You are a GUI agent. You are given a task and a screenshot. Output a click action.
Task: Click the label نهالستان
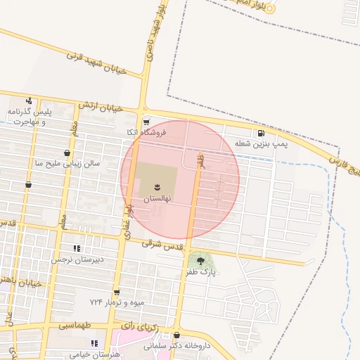coord(158,200)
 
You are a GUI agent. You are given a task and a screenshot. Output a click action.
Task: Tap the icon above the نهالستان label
coord(158,187)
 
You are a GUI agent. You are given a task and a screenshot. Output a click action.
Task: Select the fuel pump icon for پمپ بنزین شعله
coord(262,133)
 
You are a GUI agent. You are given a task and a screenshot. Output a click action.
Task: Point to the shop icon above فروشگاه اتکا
coord(146,121)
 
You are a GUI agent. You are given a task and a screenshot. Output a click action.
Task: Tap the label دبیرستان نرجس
coord(77,259)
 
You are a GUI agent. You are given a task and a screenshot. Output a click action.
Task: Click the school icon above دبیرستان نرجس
coord(77,248)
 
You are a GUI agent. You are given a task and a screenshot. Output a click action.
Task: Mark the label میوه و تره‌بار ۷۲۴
coord(117,302)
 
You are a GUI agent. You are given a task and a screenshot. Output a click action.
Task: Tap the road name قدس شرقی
coord(162,246)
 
